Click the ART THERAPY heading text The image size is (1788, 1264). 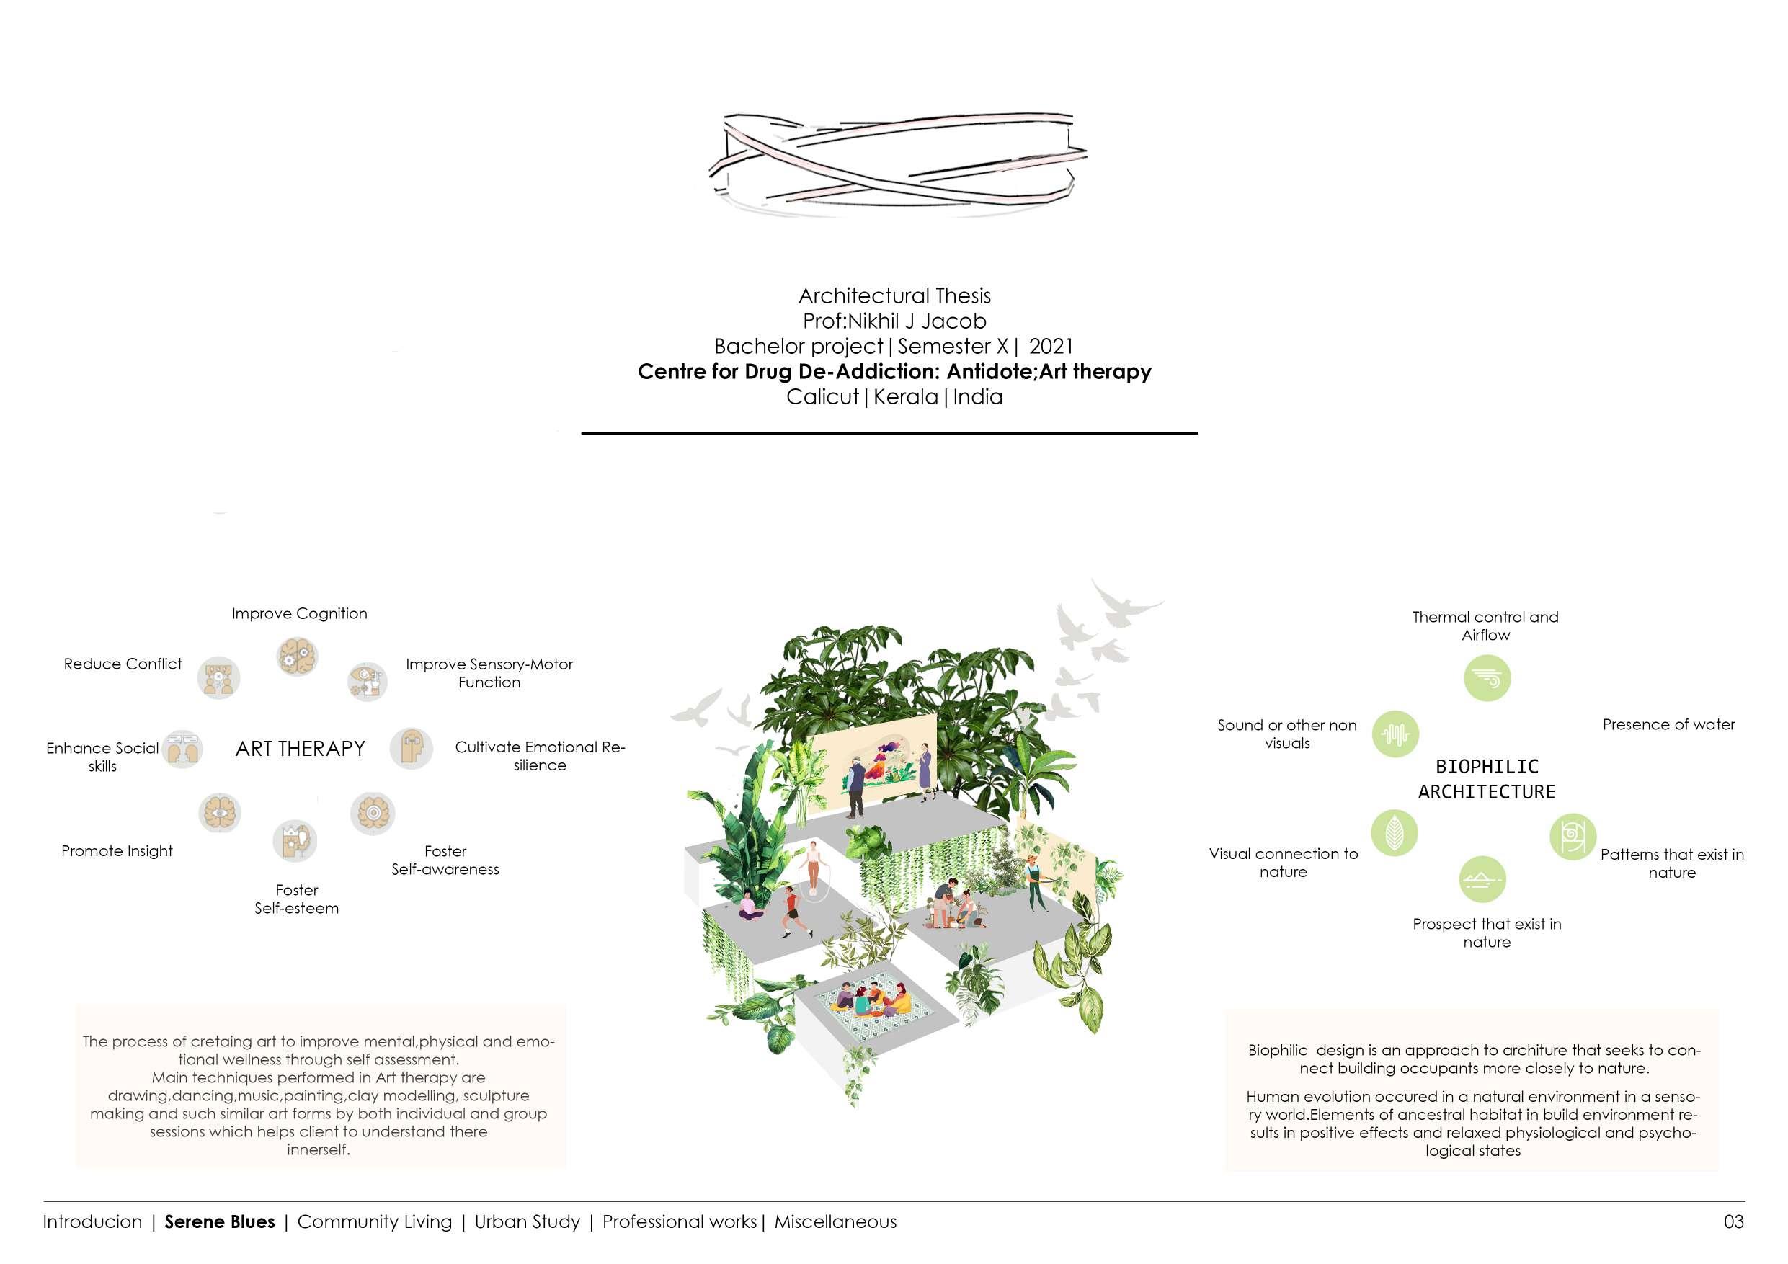[300, 749]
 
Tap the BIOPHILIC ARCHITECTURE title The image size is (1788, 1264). [1486, 779]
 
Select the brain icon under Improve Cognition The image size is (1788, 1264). [297, 656]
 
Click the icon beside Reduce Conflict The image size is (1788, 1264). [218, 677]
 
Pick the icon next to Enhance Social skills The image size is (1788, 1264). [182, 749]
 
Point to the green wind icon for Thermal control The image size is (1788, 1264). [1487, 678]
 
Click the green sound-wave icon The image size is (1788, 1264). [1395, 734]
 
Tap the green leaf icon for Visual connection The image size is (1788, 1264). [1394, 832]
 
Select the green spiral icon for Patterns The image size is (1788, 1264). [1573, 837]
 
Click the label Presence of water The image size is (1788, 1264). [1668, 724]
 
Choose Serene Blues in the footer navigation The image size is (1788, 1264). [220, 1222]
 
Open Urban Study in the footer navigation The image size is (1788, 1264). [528, 1222]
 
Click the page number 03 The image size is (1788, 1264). [1733, 1222]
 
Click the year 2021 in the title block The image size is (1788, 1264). [1051, 346]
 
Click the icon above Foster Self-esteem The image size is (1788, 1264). [294, 841]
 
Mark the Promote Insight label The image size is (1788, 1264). [117, 851]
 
